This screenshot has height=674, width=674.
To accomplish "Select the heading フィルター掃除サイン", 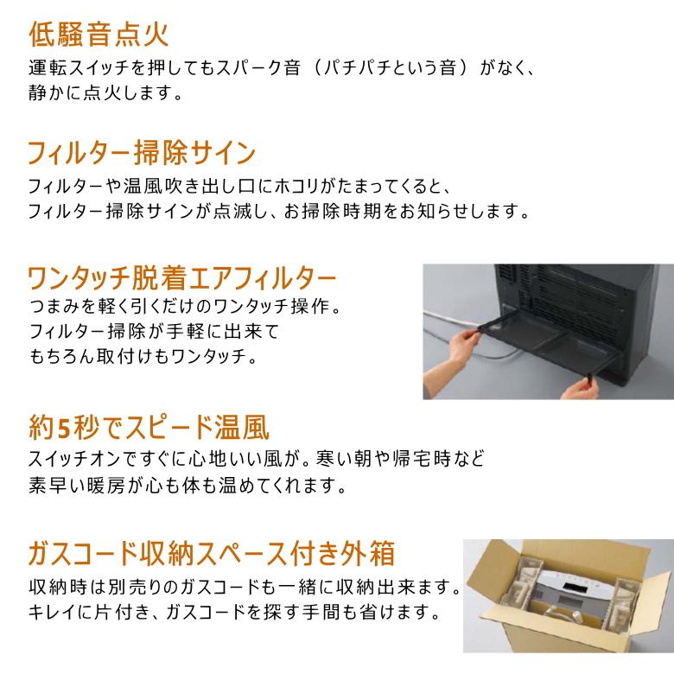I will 142,154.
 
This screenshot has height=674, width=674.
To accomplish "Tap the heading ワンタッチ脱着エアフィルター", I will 181,278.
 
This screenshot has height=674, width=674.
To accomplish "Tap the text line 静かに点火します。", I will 105,92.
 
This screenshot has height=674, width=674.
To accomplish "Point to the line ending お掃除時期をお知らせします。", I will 277,211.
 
